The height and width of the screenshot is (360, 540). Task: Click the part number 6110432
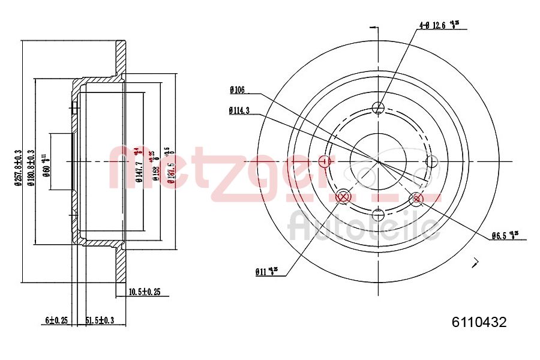[479, 322]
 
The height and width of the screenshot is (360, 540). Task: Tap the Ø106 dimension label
[237, 90]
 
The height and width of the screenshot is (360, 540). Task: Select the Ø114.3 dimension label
[239, 110]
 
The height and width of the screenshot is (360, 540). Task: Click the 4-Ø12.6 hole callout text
[442, 25]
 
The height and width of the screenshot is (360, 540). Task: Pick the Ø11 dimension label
[265, 272]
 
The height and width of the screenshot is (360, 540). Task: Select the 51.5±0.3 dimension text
[100, 320]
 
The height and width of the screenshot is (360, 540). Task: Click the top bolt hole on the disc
[378, 108]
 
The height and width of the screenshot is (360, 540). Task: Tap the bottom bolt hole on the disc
[378, 214]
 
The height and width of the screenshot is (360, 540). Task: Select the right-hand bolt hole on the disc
[431, 161]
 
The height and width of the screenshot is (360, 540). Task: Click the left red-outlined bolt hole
[325, 161]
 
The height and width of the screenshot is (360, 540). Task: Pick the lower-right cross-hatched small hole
[414, 198]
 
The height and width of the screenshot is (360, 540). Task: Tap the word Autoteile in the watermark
[363, 226]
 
